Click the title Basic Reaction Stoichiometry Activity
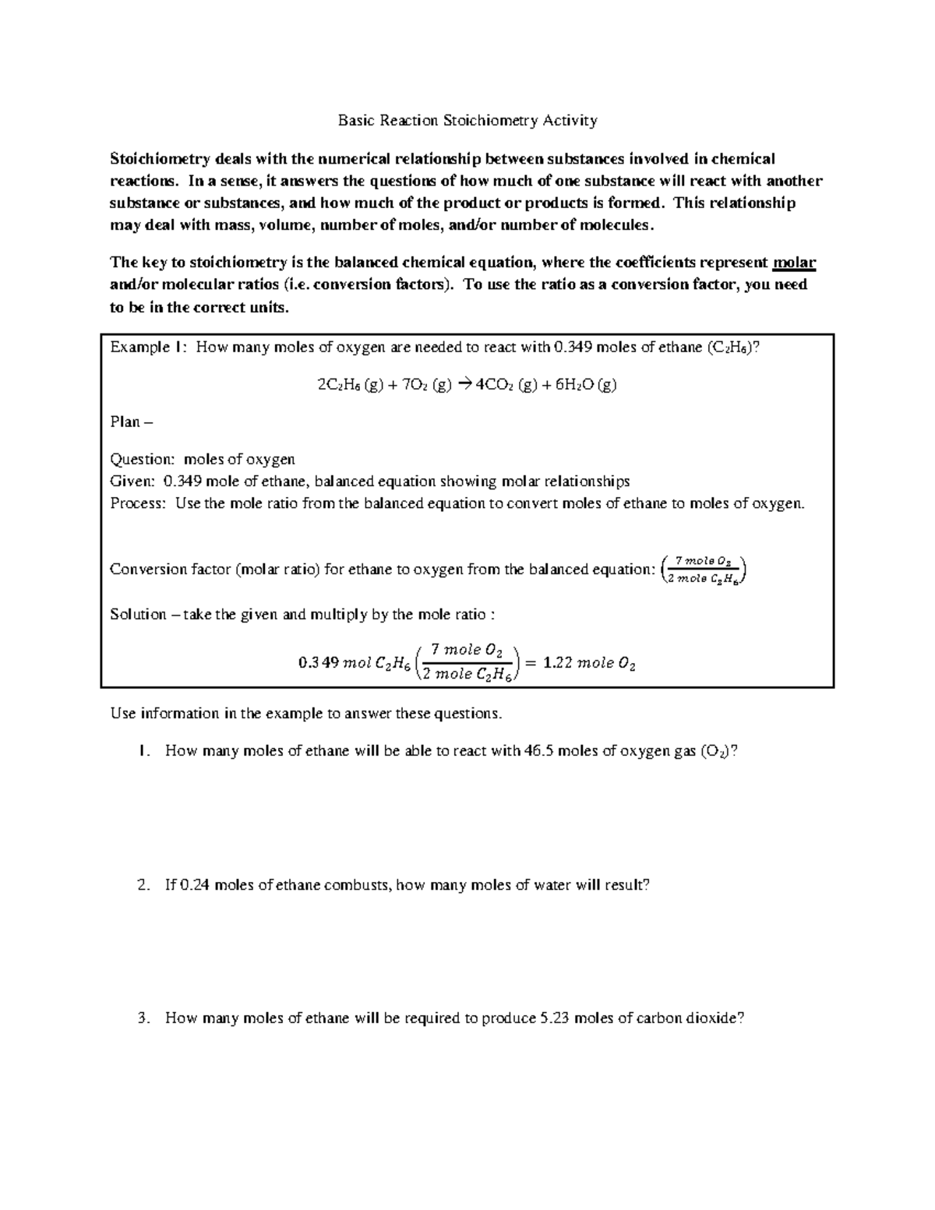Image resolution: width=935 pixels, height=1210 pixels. (x=467, y=121)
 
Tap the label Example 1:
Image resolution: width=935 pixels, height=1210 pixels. (x=148, y=347)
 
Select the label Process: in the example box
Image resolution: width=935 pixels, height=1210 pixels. (x=139, y=503)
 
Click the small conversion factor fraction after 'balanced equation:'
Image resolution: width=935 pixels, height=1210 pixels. (x=704, y=569)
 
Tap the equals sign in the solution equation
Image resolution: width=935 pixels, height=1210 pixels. (x=530, y=663)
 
